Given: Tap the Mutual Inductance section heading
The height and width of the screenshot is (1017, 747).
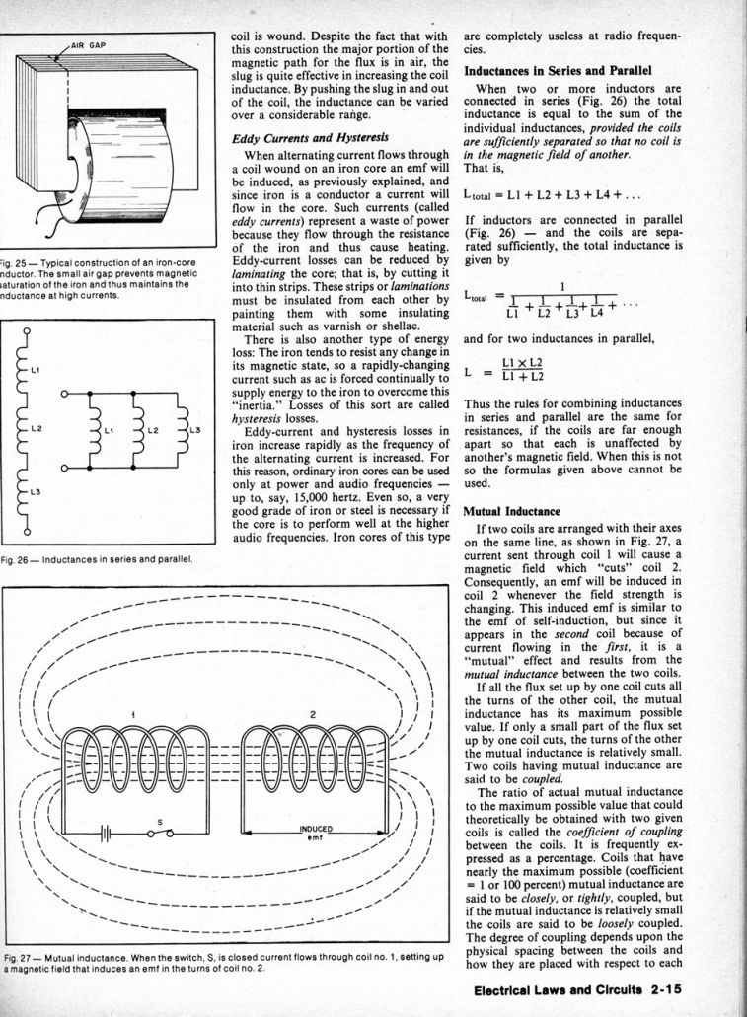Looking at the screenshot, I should tap(511, 512).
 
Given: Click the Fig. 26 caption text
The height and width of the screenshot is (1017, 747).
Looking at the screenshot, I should tap(96, 560).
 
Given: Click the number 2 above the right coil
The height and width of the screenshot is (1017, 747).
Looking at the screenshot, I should tap(313, 714).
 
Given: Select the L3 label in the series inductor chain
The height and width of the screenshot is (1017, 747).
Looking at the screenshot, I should tap(35, 490).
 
